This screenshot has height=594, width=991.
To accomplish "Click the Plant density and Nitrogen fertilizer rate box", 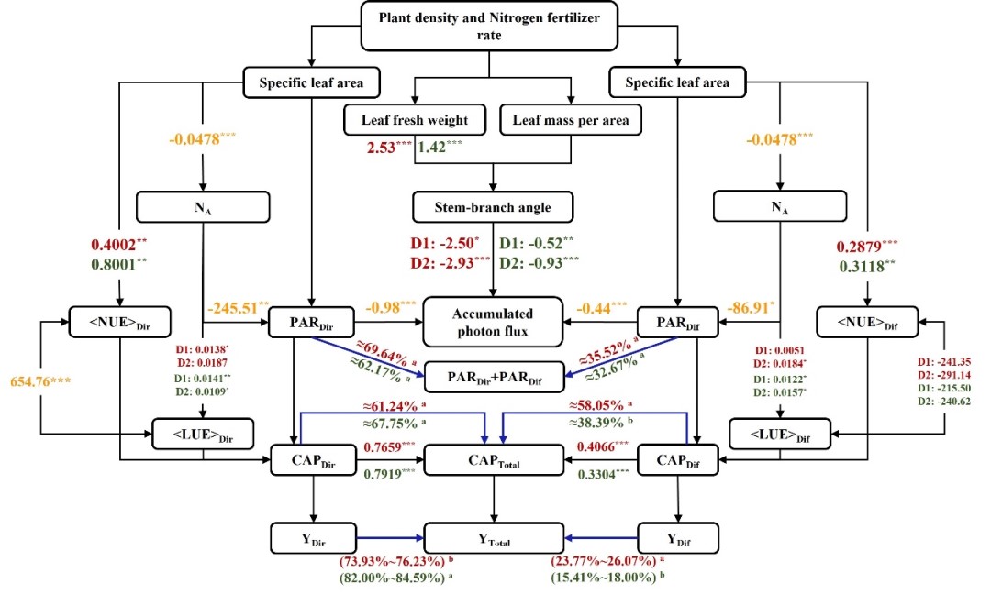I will click(x=494, y=25).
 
